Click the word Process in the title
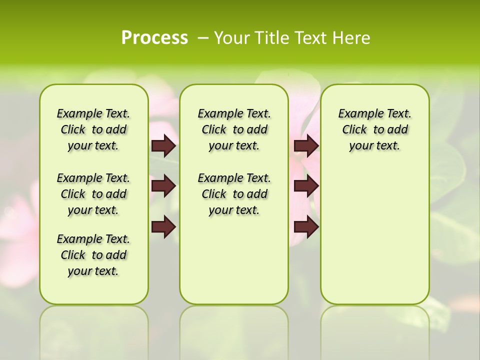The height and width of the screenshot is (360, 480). (154, 38)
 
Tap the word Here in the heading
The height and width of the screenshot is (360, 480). (352, 38)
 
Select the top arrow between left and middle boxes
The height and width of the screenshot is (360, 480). (163, 145)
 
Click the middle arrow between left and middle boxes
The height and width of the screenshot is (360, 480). (163, 186)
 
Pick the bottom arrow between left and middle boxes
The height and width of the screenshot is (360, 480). (163, 227)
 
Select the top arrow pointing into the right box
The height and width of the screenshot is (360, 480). (306, 145)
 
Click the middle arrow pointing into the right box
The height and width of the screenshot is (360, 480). (306, 186)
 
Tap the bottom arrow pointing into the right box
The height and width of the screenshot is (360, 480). (306, 227)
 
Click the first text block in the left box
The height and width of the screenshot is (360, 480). (93, 129)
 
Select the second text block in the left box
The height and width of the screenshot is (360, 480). (93, 194)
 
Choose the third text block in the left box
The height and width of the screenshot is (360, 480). (93, 255)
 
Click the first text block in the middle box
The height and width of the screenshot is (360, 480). (234, 129)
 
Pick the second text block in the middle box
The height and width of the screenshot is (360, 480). (234, 194)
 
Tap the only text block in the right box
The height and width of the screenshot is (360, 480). (374, 129)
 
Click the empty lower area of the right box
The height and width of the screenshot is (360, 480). (374, 235)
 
